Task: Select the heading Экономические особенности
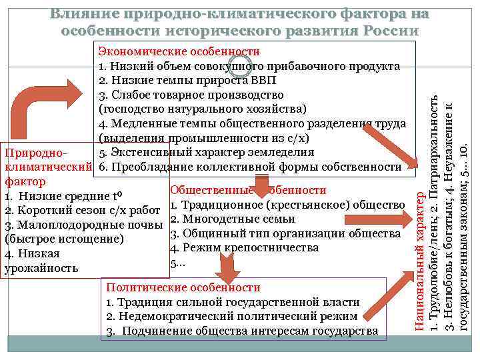179,51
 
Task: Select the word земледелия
277,151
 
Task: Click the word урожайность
41,268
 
